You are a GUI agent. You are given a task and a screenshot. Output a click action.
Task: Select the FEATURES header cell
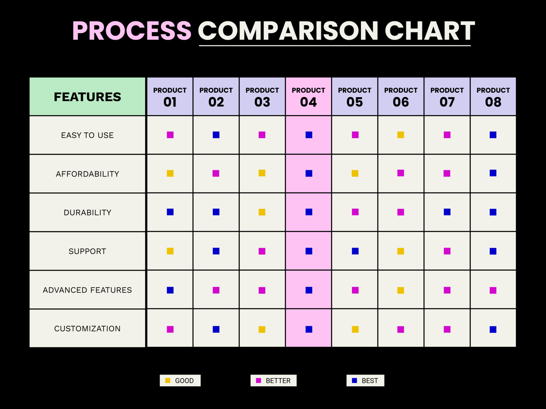[x=87, y=97]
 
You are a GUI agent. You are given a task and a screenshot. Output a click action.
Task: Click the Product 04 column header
[x=308, y=97]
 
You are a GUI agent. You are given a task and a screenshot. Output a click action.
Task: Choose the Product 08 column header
[x=493, y=97]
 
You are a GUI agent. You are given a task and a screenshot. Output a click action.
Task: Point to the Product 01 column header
[x=170, y=97]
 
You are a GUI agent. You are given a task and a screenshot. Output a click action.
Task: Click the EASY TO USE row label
[x=87, y=135]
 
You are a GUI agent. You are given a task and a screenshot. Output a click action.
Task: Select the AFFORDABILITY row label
[x=87, y=174]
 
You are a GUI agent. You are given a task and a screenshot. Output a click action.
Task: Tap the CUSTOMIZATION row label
[x=87, y=329]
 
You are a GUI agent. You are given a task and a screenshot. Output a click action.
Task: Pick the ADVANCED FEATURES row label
[x=87, y=290]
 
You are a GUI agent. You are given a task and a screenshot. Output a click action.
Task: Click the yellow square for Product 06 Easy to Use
[x=401, y=135]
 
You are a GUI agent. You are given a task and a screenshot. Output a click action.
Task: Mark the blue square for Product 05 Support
[x=355, y=251]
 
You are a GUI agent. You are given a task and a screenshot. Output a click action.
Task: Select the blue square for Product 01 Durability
[x=170, y=212]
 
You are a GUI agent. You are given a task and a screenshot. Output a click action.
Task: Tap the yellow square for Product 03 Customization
[x=262, y=329]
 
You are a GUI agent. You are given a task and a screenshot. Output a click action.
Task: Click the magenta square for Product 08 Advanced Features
[x=493, y=290]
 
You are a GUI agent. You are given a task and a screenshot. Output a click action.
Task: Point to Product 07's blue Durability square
[x=447, y=212]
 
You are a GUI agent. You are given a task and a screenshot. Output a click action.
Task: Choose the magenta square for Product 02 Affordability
[x=216, y=173]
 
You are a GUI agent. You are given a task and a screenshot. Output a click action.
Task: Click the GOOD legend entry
[x=180, y=381]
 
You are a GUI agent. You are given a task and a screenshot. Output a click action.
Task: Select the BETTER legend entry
[x=273, y=381]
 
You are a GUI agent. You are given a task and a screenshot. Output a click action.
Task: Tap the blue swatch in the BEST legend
[x=354, y=381]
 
